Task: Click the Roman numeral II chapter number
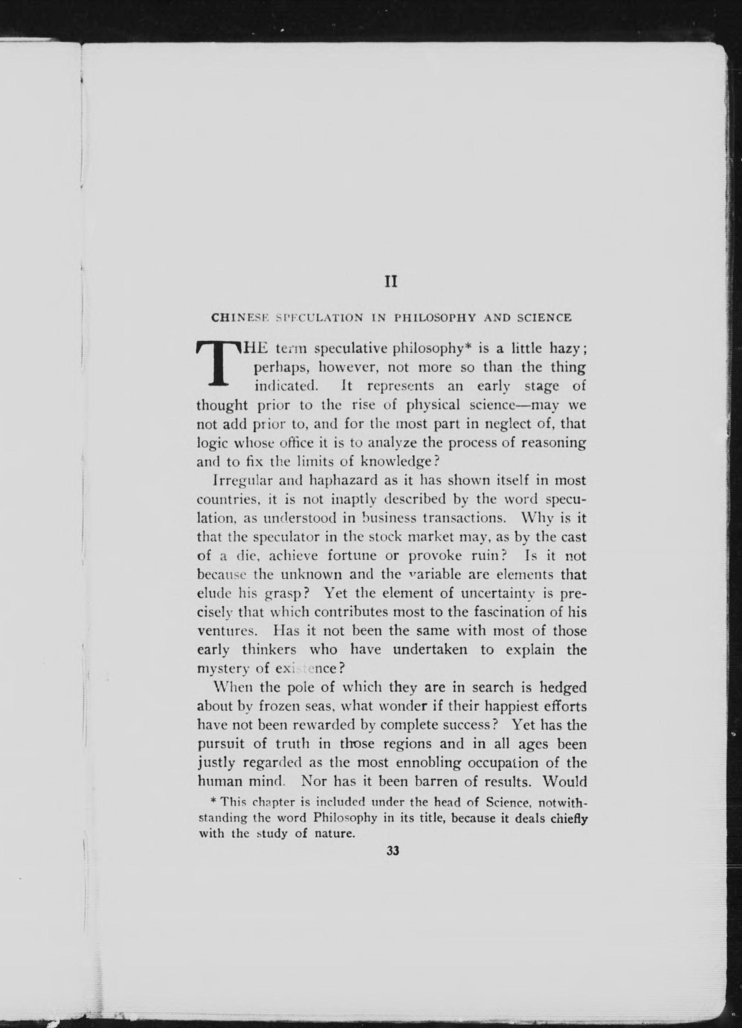click(391, 282)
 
